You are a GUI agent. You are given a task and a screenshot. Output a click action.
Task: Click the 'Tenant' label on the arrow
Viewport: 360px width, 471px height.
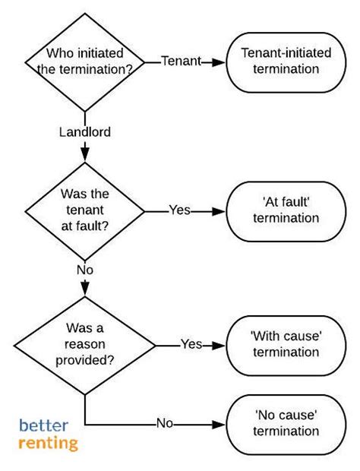pyautogui.click(x=180, y=62)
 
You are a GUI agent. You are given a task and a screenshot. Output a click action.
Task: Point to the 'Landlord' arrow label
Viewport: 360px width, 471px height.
pyautogui.click(x=84, y=132)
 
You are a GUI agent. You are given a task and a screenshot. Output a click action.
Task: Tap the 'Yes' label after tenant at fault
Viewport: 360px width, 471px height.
pyautogui.click(x=180, y=210)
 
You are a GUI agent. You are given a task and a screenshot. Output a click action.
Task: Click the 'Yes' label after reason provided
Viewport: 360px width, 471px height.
pyautogui.click(x=191, y=344)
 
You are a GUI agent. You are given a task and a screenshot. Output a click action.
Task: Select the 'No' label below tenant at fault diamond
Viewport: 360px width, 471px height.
pyautogui.click(x=84, y=268)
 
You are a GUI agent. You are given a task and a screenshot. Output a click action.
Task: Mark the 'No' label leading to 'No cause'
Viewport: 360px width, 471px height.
pyautogui.click(x=166, y=423)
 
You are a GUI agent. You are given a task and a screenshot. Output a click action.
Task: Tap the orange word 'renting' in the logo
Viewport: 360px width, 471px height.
pyautogui.click(x=49, y=442)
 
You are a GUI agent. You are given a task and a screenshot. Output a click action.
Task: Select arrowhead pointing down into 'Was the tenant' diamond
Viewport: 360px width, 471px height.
pyautogui.click(x=84, y=156)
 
